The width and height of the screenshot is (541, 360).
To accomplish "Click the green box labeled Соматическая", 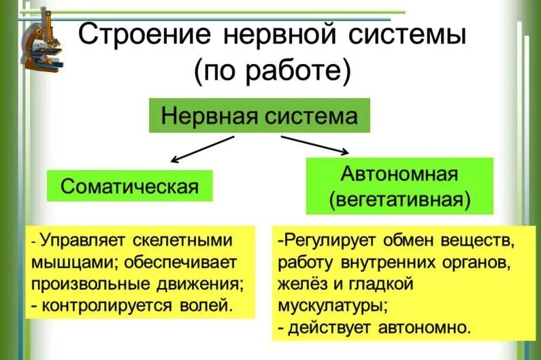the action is [x=129, y=186].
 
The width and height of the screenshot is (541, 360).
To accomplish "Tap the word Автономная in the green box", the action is [x=399, y=174].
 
